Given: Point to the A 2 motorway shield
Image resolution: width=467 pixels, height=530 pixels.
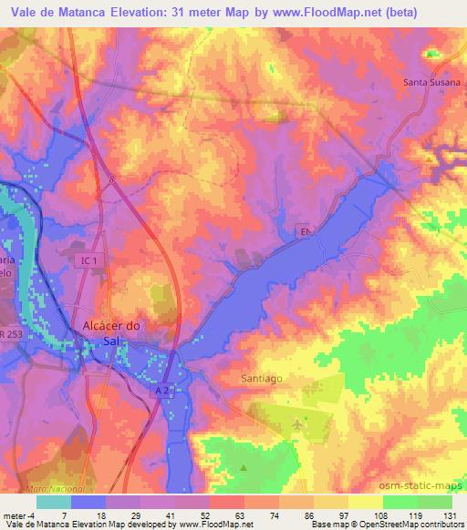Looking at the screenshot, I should pyautogui.click(x=162, y=389).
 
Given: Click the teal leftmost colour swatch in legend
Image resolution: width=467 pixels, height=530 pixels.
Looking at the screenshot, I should pyautogui.click(x=54, y=502).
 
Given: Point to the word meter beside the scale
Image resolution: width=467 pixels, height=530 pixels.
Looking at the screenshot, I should pyautogui.click(x=16, y=515).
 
